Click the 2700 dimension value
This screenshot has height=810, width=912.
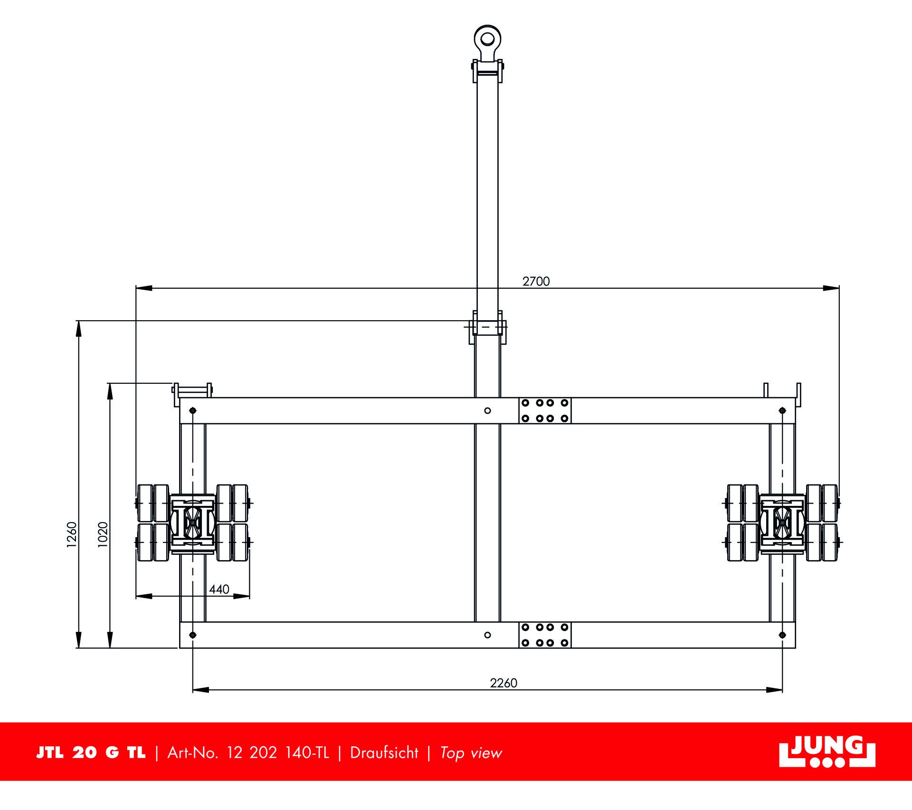(536, 281)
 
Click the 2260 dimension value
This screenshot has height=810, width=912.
(503, 683)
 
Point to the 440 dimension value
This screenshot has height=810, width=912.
(219, 589)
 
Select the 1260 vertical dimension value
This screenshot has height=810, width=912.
(72, 535)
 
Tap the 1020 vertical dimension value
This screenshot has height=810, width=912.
(103, 535)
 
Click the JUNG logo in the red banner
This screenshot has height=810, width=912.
(827, 752)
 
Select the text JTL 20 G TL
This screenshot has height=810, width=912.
(91, 753)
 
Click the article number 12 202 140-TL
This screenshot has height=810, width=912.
(278, 753)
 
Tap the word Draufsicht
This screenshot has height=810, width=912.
(384, 753)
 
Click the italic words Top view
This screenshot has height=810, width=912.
(471, 753)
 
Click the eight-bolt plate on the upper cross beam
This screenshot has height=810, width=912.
(545, 410)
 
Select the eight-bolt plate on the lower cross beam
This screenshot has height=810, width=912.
(545, 635)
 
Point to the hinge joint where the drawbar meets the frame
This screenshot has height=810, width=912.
(487, 327)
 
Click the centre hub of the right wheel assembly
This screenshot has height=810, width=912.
(782, 523)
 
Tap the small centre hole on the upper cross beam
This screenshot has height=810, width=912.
(487, 410)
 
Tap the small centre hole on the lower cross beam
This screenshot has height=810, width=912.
(487, 635)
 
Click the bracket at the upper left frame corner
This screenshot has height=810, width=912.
(192, 390)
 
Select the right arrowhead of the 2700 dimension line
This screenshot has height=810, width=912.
(831, 288)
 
